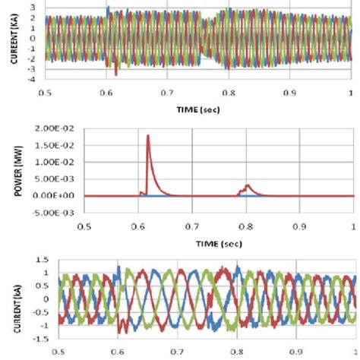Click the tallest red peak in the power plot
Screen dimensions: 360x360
148,137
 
